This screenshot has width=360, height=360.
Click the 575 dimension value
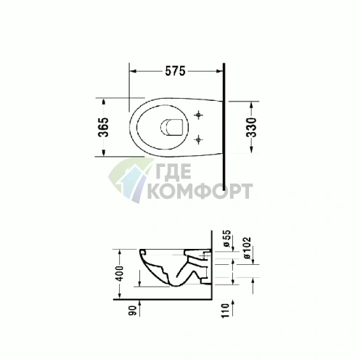coord(175,71)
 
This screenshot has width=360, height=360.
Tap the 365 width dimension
coord(103,127)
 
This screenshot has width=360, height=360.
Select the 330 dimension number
coord(251,127)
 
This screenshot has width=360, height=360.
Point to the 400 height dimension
coord(119,274)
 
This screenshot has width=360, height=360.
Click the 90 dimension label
coord(132,311)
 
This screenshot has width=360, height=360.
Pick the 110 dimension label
coord(225,311)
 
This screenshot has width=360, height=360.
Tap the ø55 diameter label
coord(226,238)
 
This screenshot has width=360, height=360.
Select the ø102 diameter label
coord(247,248)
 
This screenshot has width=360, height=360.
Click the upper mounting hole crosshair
coord(199,115)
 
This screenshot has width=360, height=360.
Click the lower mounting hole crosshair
coord(199,139)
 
